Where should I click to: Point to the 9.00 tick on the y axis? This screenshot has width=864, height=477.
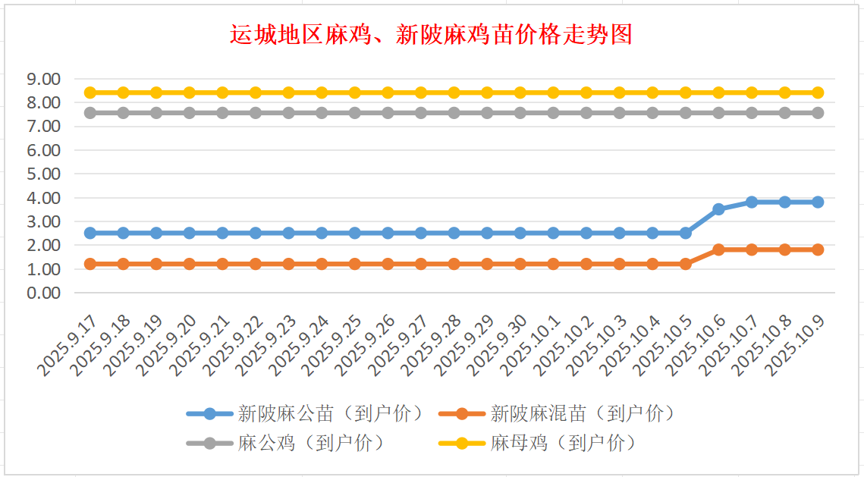pos(43,79)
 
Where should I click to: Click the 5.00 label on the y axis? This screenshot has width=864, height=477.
pos(43,174)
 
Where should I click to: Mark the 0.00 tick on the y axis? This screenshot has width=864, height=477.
pos(43,293)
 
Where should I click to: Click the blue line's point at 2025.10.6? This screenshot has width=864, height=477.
pos(718,209)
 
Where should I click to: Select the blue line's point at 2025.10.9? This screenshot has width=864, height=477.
pos(818,202)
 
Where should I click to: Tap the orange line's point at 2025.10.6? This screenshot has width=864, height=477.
pos(718,249)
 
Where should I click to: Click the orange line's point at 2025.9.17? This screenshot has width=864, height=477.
pos(90,264)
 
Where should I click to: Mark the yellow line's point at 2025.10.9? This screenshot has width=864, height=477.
pos(818,93)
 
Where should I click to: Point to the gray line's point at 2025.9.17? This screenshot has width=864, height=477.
pos(90,113)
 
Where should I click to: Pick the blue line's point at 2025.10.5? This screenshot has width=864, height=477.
pos(685,233)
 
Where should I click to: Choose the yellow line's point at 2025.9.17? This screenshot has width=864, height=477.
pos(90,93)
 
